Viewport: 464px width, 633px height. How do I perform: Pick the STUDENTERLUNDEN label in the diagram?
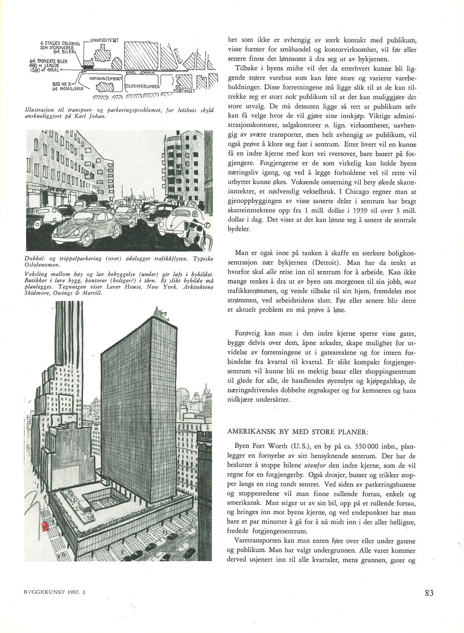142,87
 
